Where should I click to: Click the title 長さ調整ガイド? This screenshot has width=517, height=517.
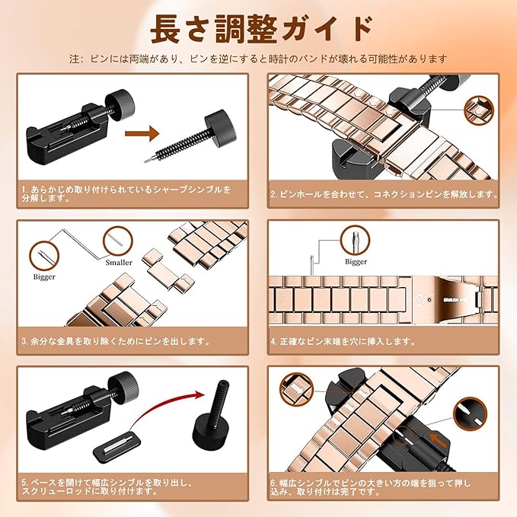(x=262, y=29)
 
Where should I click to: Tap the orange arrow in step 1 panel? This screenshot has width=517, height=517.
(x=142, y=133)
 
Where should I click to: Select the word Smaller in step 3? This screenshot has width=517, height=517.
(x=119, y=263)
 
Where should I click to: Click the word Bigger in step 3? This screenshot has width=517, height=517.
(x=44, y=277)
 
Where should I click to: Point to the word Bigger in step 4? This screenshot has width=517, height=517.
(x=356, y=262)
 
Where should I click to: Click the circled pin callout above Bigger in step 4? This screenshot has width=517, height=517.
(x=355, y=240)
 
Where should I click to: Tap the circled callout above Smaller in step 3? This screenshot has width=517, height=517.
(x=118, y=241)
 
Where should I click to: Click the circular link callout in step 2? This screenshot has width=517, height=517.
(x=479, y=110)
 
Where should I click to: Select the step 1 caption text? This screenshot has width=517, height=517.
(x=126, y=194)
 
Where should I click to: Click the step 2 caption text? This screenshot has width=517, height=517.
(x=384, y=194)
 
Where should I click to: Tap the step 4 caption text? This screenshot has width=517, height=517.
(x=343, y=341)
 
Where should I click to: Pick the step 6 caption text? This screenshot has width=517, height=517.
(x=371, y=487)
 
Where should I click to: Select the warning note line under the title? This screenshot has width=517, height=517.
(x=259, y=59)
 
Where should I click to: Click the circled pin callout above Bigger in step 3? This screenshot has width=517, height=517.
(x=44, y=256)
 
